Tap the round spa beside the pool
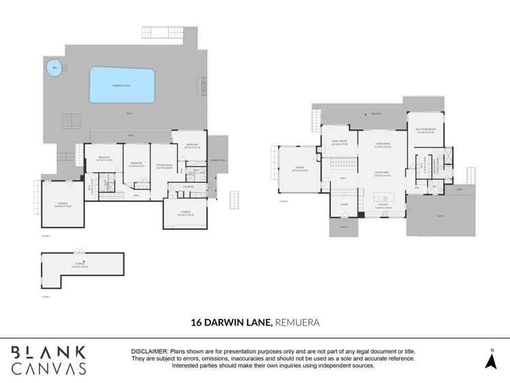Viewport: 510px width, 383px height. click(54, 67)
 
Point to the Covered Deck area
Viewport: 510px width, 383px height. click(219, 161)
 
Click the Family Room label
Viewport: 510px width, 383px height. click(339, 144)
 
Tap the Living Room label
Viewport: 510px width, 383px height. click(382, 144)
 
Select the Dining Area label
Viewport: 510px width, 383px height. click(381, 174)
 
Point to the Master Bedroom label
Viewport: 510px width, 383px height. click(425, 131)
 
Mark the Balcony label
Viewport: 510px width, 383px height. click(376, 114)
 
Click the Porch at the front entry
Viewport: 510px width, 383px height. click(343, 228)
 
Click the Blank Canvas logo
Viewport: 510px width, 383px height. click(48, 360)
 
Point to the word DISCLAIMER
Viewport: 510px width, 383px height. click(150, 351)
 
